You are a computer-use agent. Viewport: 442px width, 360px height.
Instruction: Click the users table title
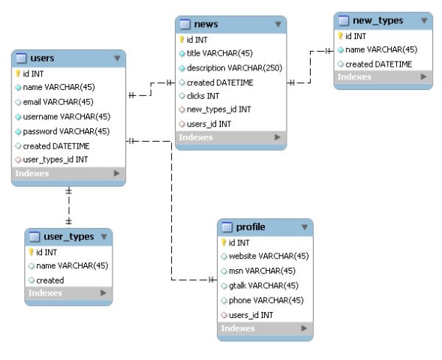(42, 58)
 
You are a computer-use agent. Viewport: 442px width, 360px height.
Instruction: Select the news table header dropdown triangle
(278, 25)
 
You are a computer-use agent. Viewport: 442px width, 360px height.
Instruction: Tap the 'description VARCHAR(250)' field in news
(234, 68)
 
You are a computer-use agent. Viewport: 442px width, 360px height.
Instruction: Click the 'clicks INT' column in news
(203, 96)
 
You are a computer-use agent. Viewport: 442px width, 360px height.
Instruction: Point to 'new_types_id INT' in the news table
(218, 109)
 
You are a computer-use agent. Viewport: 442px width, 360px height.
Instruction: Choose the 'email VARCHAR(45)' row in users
(58, 102)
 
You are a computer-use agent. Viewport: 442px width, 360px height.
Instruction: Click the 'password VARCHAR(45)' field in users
(66, 131)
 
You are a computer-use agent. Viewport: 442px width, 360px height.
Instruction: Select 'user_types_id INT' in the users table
(56, 160)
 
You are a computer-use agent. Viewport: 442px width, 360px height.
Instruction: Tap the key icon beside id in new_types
(340, 36)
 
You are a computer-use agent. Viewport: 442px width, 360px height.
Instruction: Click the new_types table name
(377, 20)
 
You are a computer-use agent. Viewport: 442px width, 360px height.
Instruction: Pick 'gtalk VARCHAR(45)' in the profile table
(263, 286)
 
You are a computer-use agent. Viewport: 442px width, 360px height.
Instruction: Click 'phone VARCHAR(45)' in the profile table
(266, 300)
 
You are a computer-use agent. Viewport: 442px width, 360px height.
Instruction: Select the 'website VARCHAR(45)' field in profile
(269, 256)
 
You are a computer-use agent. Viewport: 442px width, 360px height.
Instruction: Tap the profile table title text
(251, 227)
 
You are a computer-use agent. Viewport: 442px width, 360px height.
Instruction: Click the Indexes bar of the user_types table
(68, 293)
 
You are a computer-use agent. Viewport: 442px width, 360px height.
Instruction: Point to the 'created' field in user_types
(50, 280)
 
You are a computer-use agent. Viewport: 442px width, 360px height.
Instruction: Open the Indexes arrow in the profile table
(304, 328)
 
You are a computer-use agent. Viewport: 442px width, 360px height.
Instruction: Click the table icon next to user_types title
(35, 236)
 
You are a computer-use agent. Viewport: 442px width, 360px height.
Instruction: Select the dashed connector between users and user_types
(68, 206)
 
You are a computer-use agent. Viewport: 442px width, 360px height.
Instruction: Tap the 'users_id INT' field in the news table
(209, 124)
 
